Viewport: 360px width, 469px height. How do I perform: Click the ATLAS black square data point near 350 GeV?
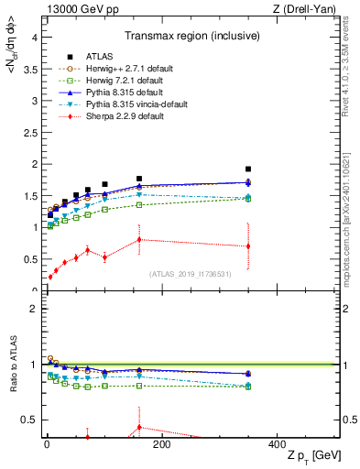coord(248,169)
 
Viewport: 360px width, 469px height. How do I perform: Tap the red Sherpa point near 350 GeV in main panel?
coord(248,245)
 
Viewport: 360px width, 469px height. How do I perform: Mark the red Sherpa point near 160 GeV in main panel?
coord(139,239)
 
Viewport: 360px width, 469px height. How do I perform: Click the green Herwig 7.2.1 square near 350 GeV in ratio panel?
coord(248,386)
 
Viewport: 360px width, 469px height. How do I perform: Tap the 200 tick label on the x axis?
coord(162,445)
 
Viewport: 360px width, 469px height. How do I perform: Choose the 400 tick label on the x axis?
coord(277,445)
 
